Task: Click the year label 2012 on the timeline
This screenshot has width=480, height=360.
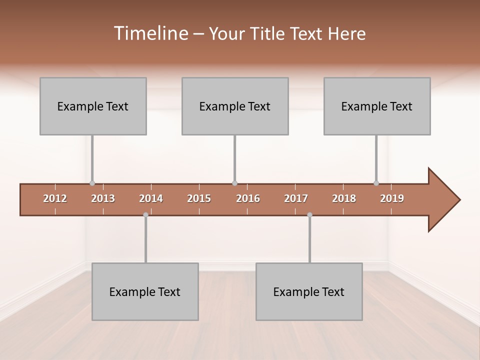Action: point(55,198)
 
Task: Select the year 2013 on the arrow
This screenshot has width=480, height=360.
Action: point(103,198)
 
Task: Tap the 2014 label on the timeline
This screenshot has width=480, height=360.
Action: point(151,198)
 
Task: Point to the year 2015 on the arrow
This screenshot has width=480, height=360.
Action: point(199,198)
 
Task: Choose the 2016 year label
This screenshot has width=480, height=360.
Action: point(248,198)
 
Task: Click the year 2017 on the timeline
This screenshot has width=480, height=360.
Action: point(296,198)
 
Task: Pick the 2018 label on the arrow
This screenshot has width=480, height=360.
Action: point(344,198)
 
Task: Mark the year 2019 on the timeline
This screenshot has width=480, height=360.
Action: point(392,198)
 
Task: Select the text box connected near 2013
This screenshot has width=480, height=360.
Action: point(93,106)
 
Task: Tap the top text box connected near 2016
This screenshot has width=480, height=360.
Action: point(235,106)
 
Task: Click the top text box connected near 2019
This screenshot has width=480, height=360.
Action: point(377,106)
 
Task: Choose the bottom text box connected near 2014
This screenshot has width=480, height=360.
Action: point(145,291)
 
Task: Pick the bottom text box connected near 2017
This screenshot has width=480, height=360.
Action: point(309,291)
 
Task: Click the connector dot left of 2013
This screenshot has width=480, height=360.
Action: point(92,183)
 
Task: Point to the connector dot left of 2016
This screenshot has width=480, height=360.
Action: point(235,183)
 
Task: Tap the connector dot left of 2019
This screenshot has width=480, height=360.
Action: point(376,183)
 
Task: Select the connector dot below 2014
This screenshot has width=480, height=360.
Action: point(145,214)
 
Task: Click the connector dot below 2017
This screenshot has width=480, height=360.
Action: point(309,214)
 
